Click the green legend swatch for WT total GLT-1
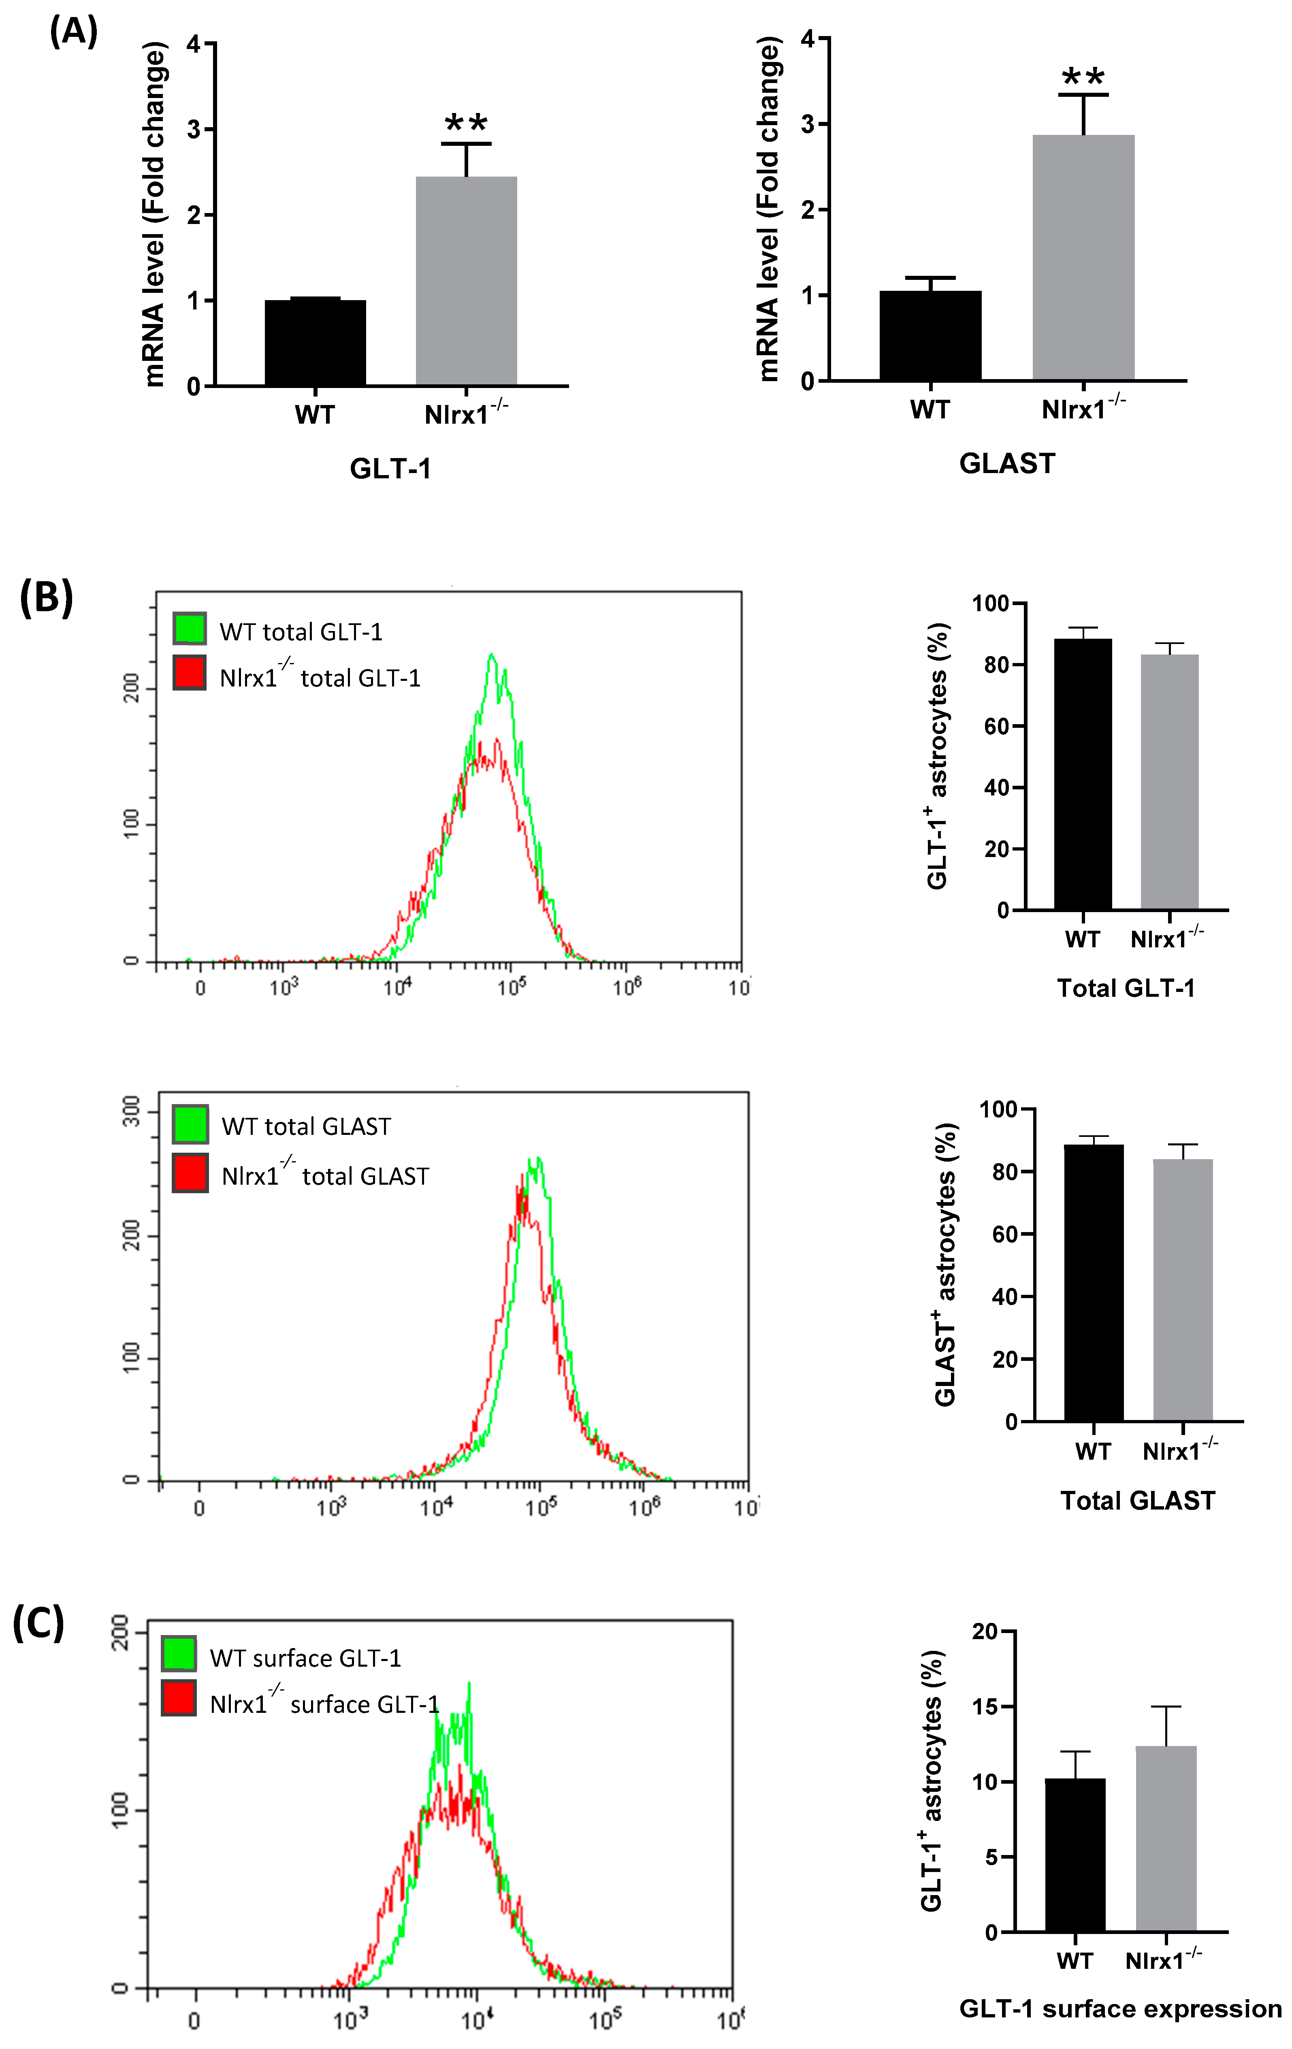189,628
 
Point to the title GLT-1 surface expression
1120,2009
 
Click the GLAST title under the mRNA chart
1007,464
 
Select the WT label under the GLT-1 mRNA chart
315,415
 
